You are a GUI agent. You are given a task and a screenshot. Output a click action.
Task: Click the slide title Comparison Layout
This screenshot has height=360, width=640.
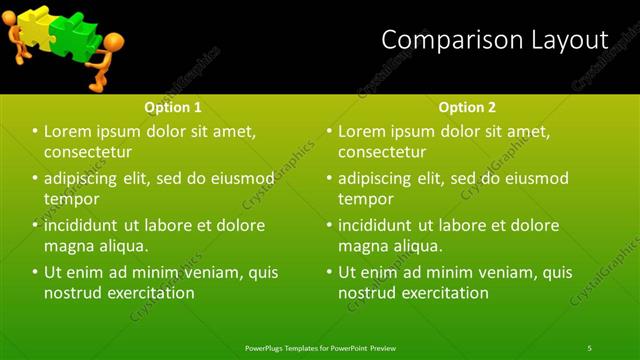[x=495, y=40]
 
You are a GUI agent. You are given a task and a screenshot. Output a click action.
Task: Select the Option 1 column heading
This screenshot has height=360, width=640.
[x=173, y=107]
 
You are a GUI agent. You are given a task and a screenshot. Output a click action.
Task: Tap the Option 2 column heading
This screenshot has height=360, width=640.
[x=467, y=107]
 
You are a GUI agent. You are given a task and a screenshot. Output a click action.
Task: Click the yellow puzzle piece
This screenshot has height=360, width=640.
[x=33, y=25]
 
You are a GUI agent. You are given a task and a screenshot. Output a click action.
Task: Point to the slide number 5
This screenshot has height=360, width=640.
[x=590, y=347]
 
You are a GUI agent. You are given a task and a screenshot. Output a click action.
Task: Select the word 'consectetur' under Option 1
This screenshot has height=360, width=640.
[x=88, y=152]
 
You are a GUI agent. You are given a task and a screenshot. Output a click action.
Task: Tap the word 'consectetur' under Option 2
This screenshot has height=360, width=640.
[x=382, y=152]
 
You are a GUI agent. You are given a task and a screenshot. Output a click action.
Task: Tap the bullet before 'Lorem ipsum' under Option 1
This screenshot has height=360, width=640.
[x=35, y=132]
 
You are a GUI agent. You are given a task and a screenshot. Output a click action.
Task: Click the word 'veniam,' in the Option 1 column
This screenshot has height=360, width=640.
[x=206, y=272]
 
